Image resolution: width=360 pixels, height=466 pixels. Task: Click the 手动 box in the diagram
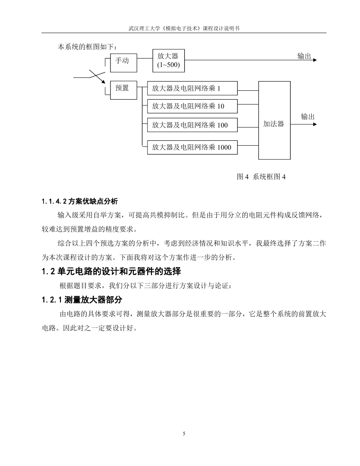point(124,63)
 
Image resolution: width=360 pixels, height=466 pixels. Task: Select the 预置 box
point(124,90)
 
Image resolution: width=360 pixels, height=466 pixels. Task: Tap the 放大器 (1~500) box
point(169,61)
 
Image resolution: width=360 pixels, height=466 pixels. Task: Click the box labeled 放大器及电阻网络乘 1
point(192,88)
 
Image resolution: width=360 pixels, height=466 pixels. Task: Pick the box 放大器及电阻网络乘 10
point(192,106)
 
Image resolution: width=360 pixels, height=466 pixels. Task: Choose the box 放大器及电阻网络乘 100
point(192,125)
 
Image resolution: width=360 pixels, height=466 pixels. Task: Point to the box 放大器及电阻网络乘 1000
point(192,147)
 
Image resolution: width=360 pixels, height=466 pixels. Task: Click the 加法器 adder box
point(275,120)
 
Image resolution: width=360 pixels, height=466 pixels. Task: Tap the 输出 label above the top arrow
point(304,56)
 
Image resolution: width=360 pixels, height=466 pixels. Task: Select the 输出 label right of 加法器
point(308,117)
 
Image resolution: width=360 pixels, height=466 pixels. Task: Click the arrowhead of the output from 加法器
point(315,124)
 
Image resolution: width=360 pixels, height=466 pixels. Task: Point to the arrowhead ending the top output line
point(315,60)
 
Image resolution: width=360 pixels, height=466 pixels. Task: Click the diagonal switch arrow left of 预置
point(97,77)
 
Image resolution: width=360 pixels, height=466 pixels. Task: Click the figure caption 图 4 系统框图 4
point(261,177)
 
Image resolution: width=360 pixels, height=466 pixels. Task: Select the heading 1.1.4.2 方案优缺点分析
point(79,201)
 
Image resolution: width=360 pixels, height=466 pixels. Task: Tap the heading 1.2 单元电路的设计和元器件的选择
point(111,271)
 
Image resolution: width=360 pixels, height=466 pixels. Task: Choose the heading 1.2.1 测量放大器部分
point(82,299)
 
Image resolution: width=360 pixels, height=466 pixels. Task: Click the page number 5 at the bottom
point(184,434)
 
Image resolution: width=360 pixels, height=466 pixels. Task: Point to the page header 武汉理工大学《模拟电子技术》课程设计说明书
point(184,29)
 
